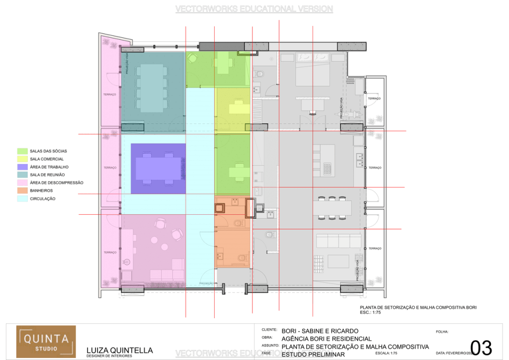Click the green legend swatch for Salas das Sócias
22,151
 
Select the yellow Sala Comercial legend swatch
22,159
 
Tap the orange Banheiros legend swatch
22,190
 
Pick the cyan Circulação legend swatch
22,198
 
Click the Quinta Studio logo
46,342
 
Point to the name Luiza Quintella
119,350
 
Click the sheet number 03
481,348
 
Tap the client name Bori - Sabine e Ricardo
319,331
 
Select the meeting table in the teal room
152,89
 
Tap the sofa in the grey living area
339,241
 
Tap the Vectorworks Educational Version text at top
254,9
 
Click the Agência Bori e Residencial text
327,339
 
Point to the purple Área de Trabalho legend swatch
22,167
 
